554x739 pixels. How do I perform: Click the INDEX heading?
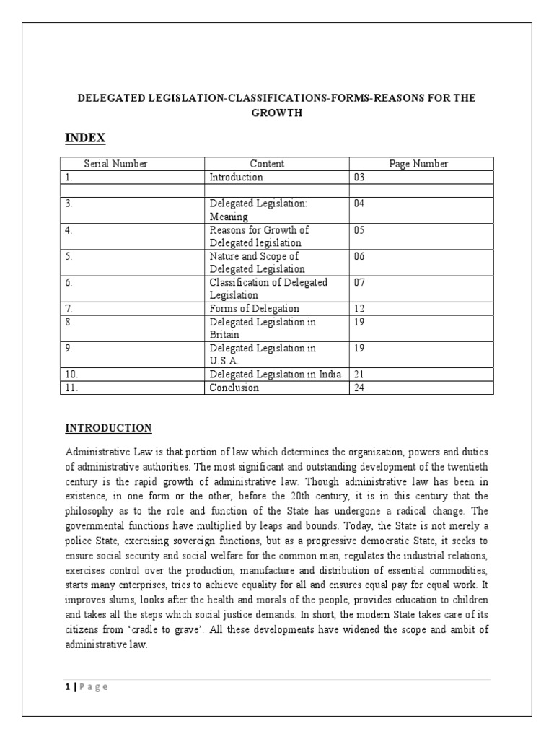pyautogui.click(x=86, y=138)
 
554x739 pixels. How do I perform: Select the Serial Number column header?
pyautogui.click(x=115, y=164)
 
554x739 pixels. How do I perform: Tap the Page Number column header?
pyautogui.click(x=418, y=164)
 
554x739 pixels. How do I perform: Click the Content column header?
pyautogui.click(x=267, y=164)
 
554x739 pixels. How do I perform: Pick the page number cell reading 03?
pyautogui.click(x=360, y=177)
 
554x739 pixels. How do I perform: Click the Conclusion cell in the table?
pyautogui.click(x=234, y=388)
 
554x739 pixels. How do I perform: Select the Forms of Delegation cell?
pyautogui.click(x=254, y=308)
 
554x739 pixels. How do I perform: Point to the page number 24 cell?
pyautogui.click(x=360, y=388)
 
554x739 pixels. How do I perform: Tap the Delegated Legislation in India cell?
pyautogui.click(x=275, y=374)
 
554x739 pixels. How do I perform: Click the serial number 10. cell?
pyautogui.click(x=72, y=374)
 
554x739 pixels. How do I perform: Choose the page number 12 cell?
pyautogui.click(x=360, y=308)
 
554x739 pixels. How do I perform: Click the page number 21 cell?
pyautogui.click(x=360, y=374)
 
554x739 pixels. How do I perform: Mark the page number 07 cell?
pyautogui.click(x=360, y=282)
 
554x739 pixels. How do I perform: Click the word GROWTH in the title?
pyautogui.click(x=277, y=113)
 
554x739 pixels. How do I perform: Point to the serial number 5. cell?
pyautogui.click(x=69, y=256)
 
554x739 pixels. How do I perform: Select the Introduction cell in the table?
pyautogui.click(x=236, y=177)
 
